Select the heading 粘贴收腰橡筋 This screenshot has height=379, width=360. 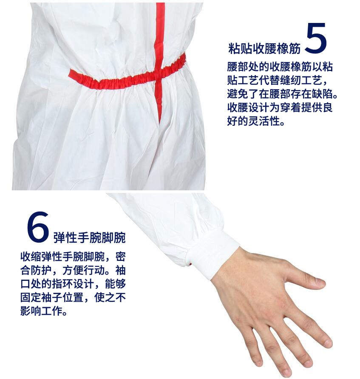click(264, 48)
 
